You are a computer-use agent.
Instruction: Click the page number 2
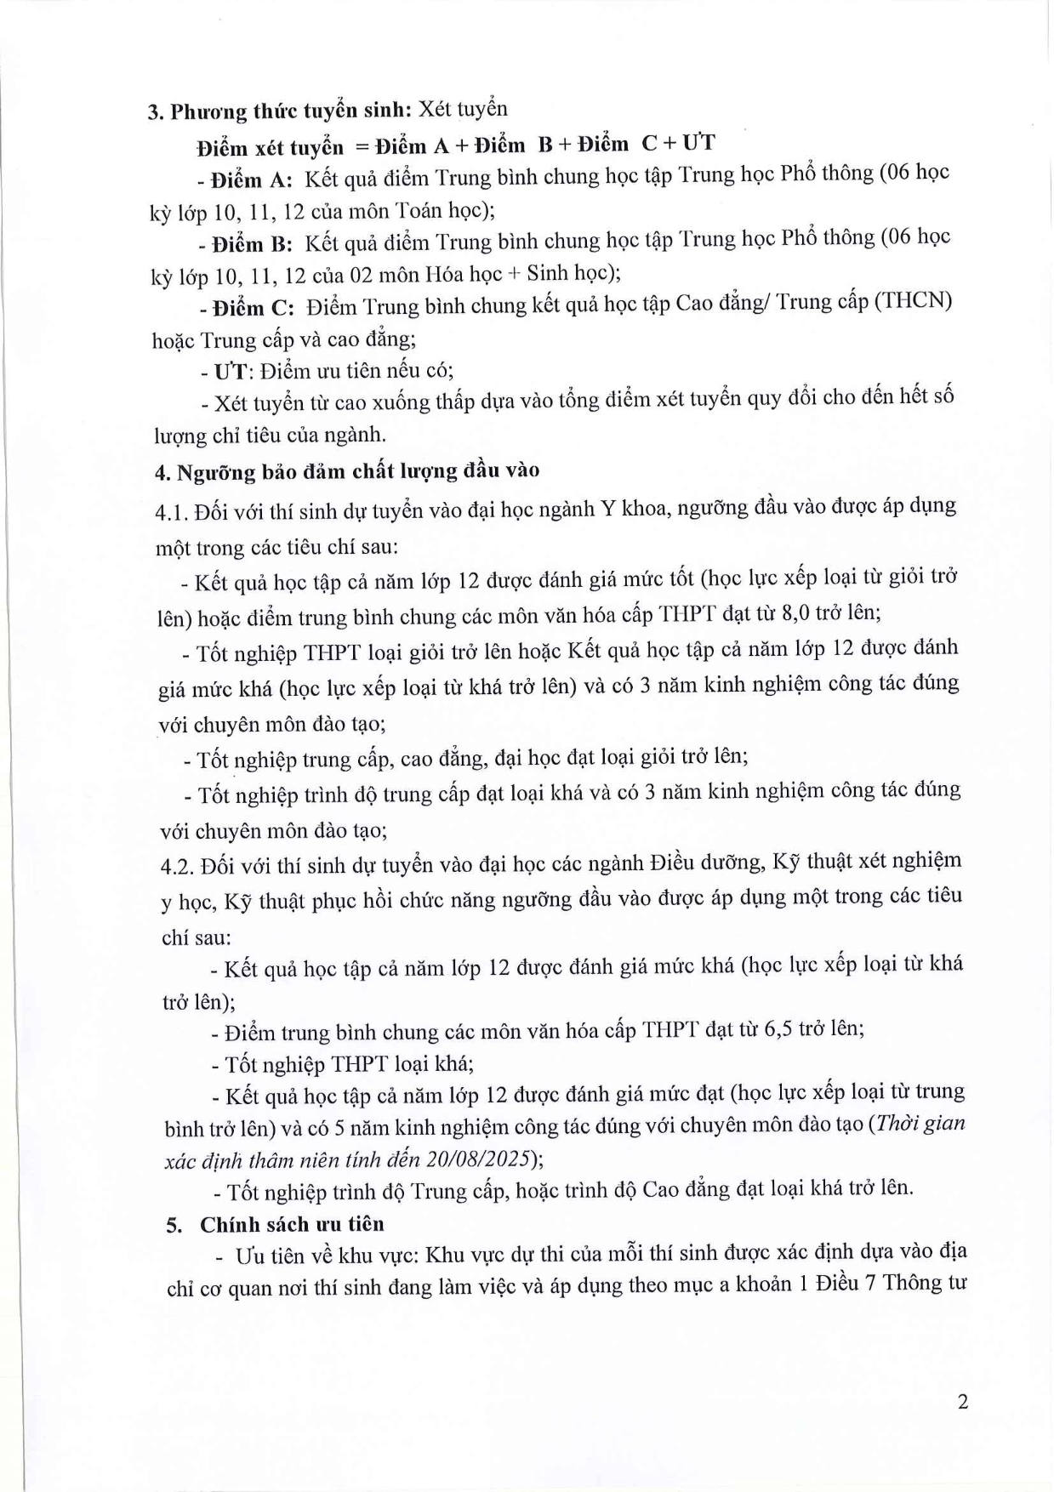click(x=962, y=1402)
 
